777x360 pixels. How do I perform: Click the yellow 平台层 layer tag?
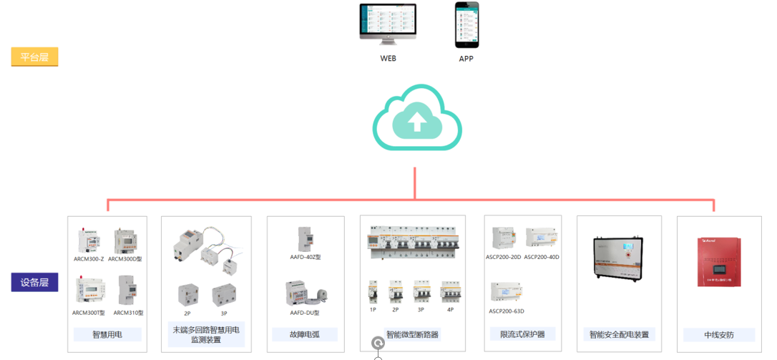point(34,57)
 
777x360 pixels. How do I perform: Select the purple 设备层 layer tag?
point(34,282)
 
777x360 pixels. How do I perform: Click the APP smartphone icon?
point(466,24)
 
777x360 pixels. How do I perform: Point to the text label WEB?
point(388,59)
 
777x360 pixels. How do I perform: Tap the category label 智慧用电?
point(107,334)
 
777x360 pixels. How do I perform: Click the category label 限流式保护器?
point(522,334)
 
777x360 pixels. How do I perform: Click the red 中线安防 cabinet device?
point(718,262)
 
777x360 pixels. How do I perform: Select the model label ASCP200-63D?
point(507,311)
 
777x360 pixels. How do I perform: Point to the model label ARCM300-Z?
point(89,258)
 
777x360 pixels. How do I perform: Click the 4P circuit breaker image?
point(450,293)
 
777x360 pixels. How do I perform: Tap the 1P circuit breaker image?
point(373,293)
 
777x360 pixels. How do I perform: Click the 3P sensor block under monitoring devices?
point(224,295)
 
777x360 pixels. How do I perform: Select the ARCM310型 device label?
point(129,313)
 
